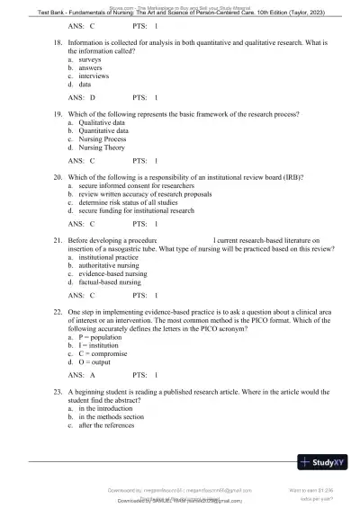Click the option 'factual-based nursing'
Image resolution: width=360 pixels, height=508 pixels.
[x=111, y=281]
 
